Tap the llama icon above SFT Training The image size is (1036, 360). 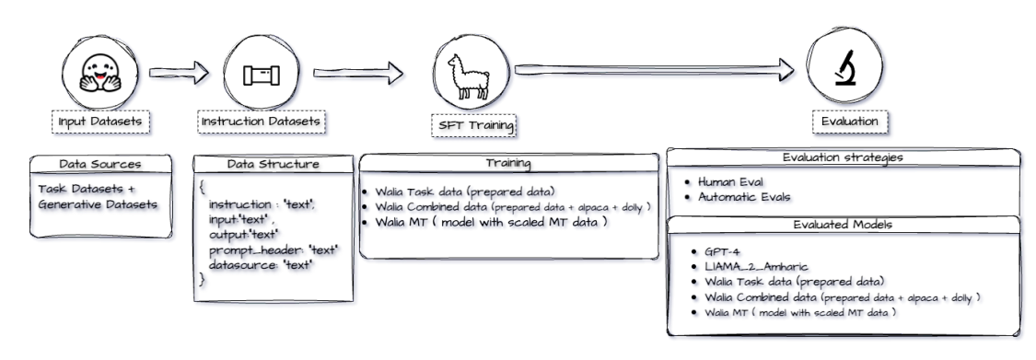tap(473, 73)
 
